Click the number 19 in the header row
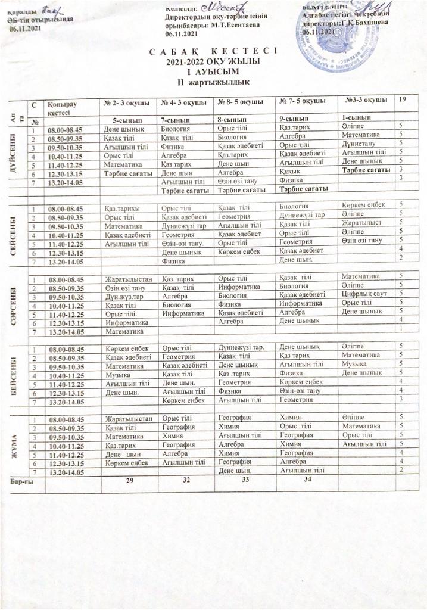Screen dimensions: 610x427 point(403,101)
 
